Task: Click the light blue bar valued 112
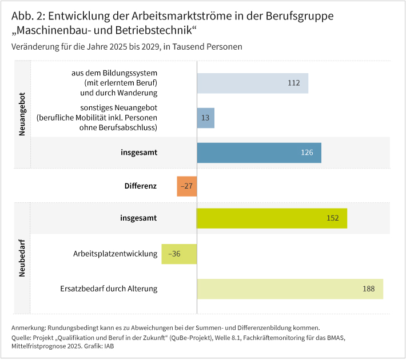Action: pos(252,83)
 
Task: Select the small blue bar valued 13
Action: pos(205,118)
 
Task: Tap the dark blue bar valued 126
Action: pos(258,153)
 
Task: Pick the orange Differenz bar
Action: pos(186,186)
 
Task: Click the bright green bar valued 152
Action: pos(272,218)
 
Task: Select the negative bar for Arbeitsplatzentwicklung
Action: pos(179,254)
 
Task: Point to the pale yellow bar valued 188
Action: pos(289,289)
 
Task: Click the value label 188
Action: pos(368,289)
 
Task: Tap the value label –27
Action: pos(186,186)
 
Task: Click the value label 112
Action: pos(294,83)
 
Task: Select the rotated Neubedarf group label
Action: pos(22,262)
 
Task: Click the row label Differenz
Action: pos(141,186)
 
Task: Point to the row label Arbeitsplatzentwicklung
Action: pos(115,254)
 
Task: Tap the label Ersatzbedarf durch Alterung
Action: pos(108,289)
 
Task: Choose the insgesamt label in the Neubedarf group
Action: pos(138,218)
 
